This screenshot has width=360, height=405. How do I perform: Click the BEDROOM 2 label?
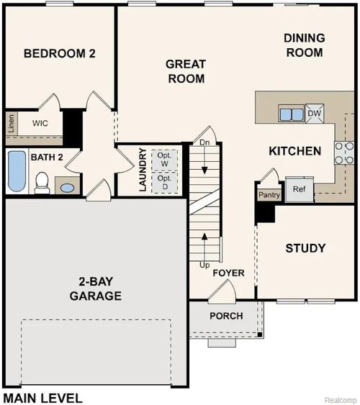click(x=60, y=53)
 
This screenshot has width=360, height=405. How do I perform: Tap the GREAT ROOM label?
click(x=186, y=71)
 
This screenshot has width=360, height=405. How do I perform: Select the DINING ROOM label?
click(x=304, y=45)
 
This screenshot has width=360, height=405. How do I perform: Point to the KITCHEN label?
click(x=294, y=151)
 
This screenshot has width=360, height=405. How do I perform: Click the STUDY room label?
click(x=305, y=248)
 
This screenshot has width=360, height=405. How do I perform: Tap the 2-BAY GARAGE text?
click(x=95, y=288)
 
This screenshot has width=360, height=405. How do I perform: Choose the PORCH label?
click(x=226, y=317)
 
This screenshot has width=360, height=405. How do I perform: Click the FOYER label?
click(x=228, y=273)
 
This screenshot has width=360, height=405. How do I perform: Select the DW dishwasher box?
click(x=315, y=113)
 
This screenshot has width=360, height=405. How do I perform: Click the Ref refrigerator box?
click(x=299, y=189)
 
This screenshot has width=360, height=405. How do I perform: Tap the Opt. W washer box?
click(x=165, y=158)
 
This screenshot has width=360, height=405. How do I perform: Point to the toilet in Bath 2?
click(x=42, y=181)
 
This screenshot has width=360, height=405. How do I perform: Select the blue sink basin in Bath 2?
click(x=67, y=188)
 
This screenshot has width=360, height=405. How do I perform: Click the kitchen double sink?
click(x=292, y=114)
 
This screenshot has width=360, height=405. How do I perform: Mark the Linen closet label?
click(x=12, y=123)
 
